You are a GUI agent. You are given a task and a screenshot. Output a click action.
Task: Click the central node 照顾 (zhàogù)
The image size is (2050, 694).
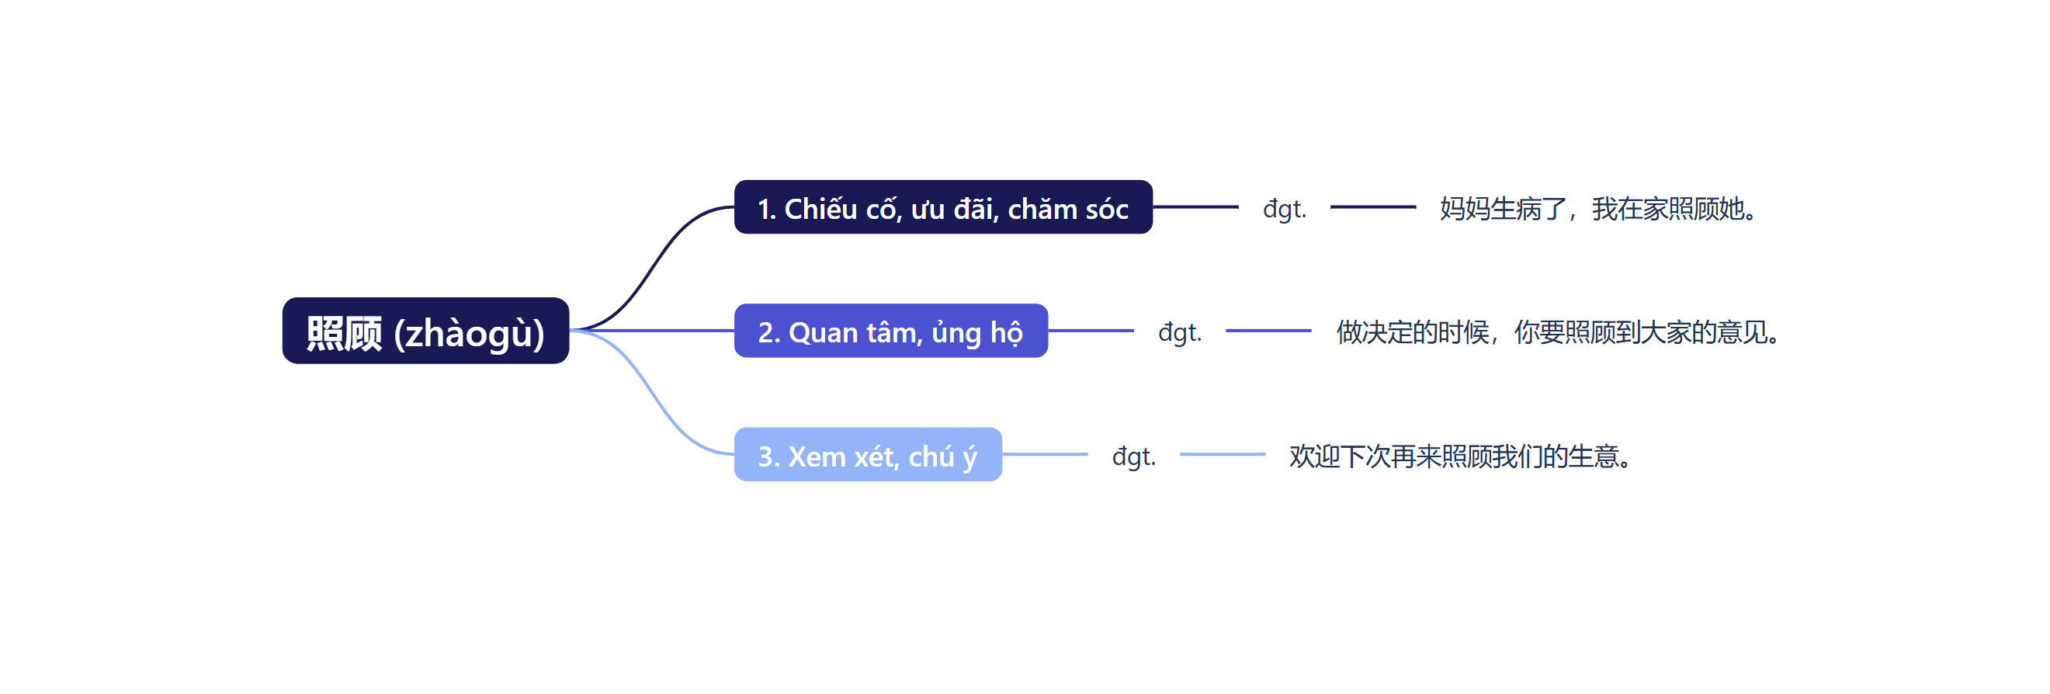[x=425, y=331]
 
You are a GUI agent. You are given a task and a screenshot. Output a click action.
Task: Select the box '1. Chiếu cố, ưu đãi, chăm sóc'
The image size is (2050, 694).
[x=942, y=208]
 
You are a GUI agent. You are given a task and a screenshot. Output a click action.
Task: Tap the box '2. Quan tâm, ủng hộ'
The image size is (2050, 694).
[x=890, y=331]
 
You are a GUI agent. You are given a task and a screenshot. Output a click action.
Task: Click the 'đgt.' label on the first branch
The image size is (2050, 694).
[x=1284, y=209]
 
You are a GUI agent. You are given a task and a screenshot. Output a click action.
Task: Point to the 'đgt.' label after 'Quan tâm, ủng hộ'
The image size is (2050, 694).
[x=1179, y=332]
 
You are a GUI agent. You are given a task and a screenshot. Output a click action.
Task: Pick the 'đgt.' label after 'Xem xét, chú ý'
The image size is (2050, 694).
[x=1133, y=456]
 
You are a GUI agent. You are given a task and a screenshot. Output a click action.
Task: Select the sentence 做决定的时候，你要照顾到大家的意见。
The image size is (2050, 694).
[x=1557, y=332]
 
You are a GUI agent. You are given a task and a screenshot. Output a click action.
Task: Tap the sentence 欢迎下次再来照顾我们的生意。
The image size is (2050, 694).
[x=1461, y=456]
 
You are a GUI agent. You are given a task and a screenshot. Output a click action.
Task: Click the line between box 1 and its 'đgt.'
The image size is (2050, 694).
[x=1195, y=207]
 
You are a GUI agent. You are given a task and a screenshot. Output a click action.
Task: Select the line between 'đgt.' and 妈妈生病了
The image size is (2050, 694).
[x=1373, y=207]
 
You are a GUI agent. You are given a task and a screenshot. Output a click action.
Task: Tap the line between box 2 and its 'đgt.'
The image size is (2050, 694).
[x=1091, y=330]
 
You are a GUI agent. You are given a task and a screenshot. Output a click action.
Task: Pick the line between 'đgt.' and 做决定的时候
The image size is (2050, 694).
[x=1268, y=330]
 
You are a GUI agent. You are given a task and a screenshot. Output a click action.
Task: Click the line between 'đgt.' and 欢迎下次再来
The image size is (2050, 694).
[x=1222, y=454]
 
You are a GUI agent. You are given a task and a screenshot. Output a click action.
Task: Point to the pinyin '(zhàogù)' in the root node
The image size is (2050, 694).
[x=469, y=333]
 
